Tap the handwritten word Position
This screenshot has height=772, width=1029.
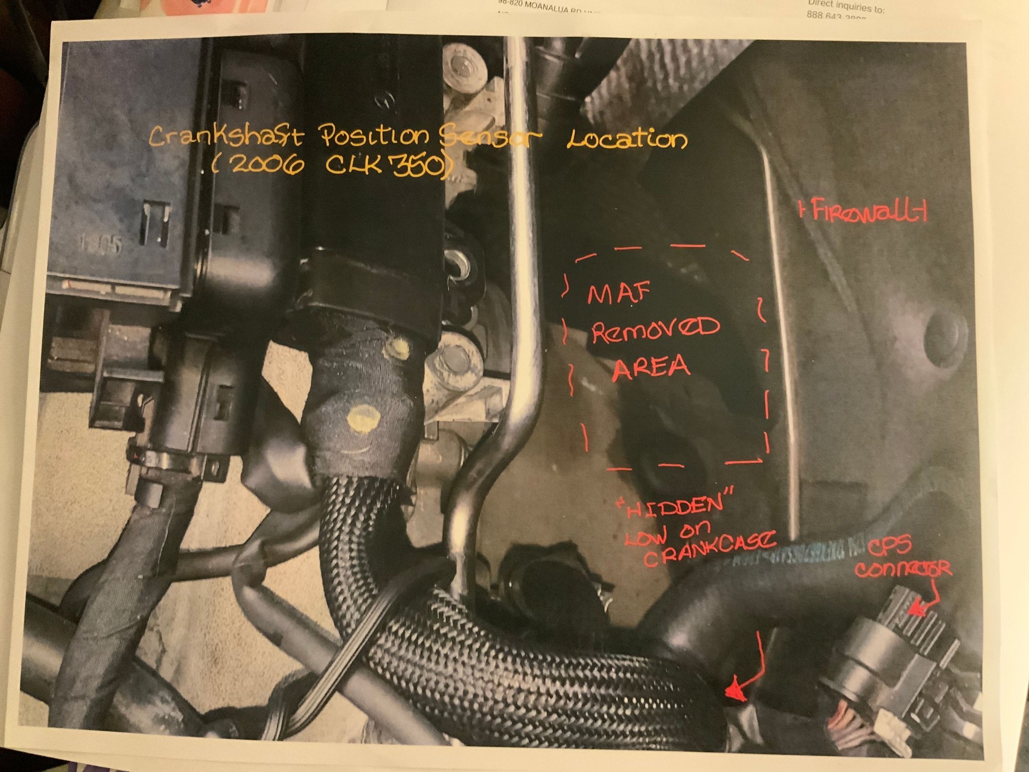coord(375,136)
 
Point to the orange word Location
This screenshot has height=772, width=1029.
coord(627,139)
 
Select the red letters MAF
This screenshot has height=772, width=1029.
coord(619,293)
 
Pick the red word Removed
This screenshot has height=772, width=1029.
coord(654,329)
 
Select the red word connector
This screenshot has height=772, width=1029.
coord(903,569)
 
